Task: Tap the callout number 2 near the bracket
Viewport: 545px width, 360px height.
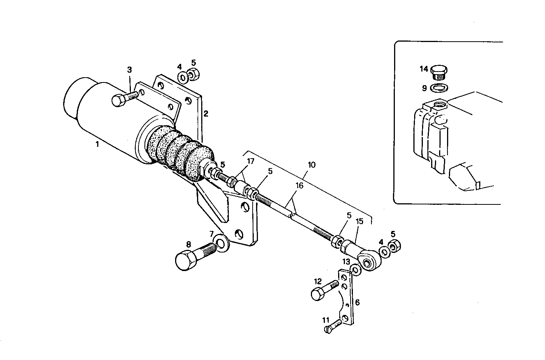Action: tap(205, 113)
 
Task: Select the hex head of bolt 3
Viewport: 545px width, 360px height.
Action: tap(118, 101)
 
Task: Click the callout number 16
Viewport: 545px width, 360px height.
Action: tap(300, 186)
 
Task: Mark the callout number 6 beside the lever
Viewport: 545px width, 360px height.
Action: tap(357, 302)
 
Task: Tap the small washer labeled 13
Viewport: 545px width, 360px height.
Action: tap(355, 269)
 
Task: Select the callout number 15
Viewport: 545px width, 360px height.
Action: tap(359, 221)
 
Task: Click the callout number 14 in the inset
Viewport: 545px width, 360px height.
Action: tap(424, 69)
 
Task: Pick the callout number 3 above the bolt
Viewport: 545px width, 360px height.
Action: tap(129, 70)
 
